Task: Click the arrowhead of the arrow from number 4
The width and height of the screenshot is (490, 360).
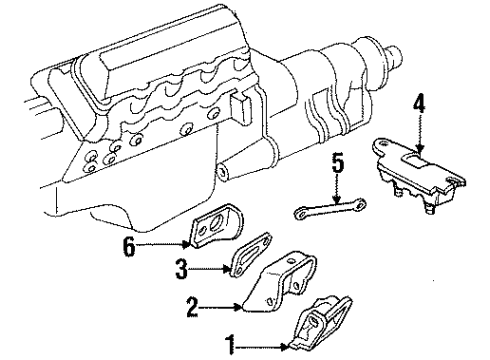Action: point(420,140)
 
